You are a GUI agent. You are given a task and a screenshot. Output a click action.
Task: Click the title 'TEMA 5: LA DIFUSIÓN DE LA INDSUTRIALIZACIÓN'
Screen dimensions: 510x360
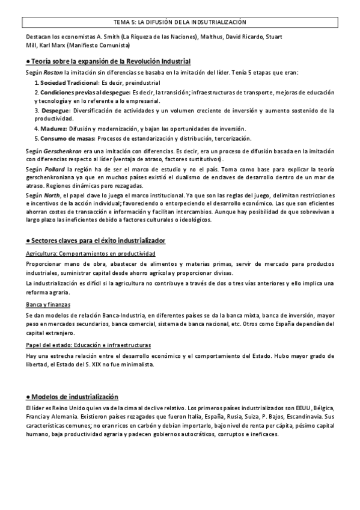click(180, 22)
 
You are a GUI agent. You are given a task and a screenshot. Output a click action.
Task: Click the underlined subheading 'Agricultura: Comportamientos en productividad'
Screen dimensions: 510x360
click(91, 254)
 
